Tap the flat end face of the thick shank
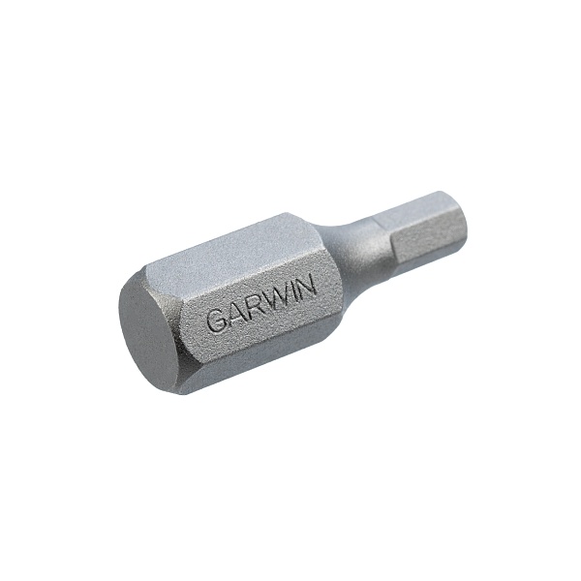149,338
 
